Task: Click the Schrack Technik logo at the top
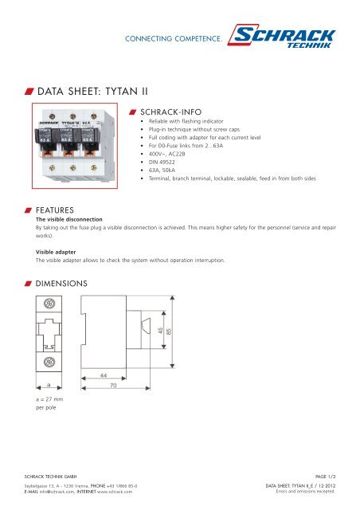(286, 35)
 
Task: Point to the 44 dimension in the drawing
(104, 375)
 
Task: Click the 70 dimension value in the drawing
(113, 384)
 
